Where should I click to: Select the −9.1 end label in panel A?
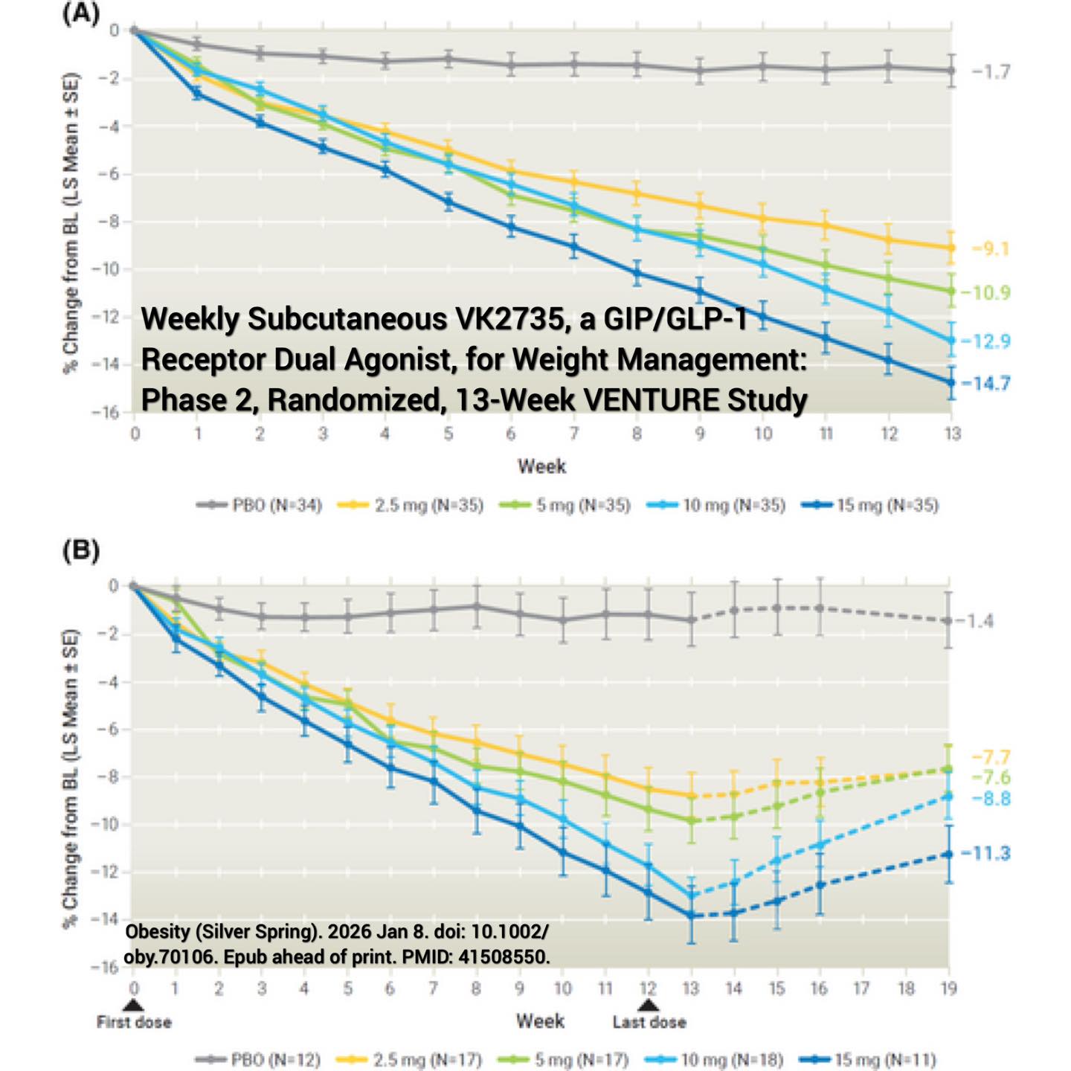[991, 249]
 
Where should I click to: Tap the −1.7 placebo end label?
[991, 71]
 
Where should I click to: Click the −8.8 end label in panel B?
[991, 799]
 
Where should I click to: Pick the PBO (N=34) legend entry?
[259, 505]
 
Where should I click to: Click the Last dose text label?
[649, 1022]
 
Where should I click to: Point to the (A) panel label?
[81, 13]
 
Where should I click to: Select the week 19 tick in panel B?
[948, 988]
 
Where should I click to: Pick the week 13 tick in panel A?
[953, 433]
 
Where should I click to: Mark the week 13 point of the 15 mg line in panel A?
[951, 382]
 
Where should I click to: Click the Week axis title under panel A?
[542, 466]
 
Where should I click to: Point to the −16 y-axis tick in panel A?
[106, 413]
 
